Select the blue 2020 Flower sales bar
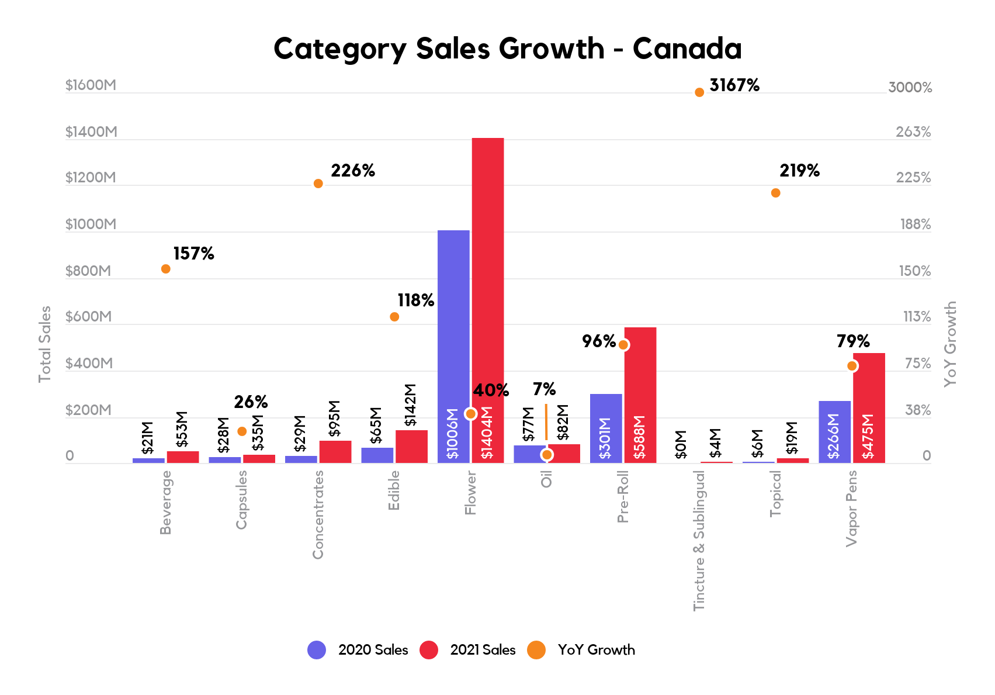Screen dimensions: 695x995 453,327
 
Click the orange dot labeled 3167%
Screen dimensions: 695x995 699,92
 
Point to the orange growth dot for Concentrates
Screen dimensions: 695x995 318,184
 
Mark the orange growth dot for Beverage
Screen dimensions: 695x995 166,269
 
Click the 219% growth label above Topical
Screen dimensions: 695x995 799,171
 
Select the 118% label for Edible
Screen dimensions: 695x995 416,300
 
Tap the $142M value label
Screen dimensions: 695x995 411,404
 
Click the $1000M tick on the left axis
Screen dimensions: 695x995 91,224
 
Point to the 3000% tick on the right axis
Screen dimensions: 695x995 910,88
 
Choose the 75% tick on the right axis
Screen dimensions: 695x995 917,364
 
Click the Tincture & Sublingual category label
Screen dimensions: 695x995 699,541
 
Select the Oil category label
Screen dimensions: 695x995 546,479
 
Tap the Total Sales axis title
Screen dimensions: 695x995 45,344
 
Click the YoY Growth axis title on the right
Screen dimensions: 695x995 951,344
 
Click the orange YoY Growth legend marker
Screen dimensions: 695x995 536,650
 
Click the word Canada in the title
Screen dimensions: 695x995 687,49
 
